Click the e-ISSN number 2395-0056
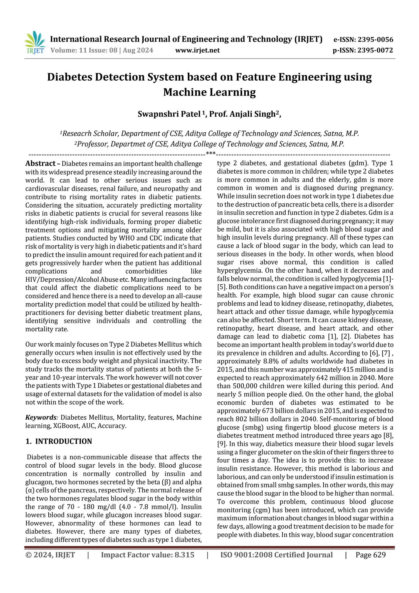point(375,40)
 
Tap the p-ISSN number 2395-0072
point(375,50)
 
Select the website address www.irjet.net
point(197,50)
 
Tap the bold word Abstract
point(40,164)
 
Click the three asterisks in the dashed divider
point(210,153)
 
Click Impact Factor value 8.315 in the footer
point(148,555)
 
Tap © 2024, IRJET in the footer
point(50,555)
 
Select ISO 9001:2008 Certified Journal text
point(277,555)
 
